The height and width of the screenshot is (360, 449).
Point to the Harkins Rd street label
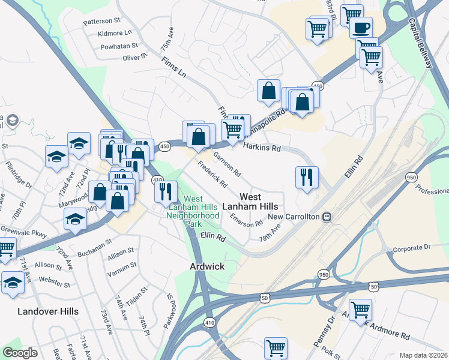262,147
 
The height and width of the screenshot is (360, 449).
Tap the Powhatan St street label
119,46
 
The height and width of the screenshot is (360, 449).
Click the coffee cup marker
361,28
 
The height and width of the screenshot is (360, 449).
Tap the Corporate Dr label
411,247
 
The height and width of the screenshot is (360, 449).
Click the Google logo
20,353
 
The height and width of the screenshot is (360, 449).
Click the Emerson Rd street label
247,219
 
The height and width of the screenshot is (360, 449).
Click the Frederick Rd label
212,175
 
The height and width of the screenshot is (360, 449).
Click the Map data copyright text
424,355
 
